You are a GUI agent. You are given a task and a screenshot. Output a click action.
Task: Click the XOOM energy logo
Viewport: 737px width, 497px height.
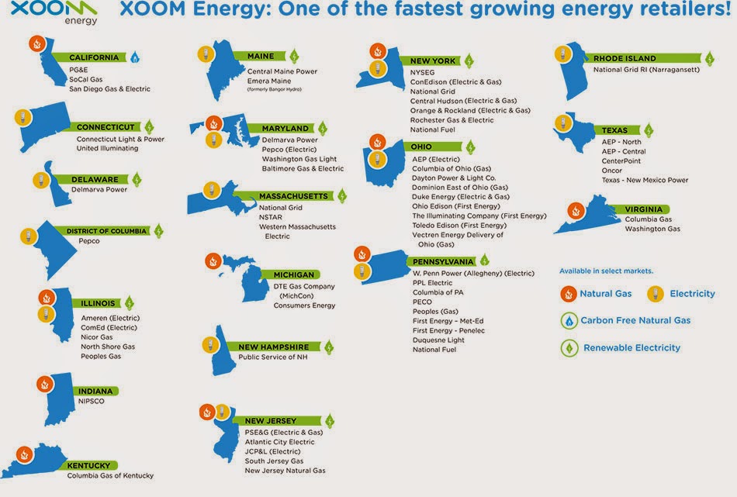(x=54, y=12)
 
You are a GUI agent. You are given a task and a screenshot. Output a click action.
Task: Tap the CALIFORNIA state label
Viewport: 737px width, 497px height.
(x=94, y=57)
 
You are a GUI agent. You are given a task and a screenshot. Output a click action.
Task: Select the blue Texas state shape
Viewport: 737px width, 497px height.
(x=576, y=132)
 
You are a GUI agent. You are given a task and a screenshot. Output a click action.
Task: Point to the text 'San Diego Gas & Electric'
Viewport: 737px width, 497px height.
(x=109, y=89)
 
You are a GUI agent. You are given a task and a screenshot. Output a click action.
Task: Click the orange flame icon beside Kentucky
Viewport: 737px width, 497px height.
(x=25, y=454)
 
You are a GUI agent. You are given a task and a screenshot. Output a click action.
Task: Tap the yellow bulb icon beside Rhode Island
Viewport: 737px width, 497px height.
(x=562, y=54)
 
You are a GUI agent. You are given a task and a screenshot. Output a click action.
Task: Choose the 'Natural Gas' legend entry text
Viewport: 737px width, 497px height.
(x=605, y=294)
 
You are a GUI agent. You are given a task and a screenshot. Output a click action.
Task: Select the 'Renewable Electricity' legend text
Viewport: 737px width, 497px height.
(x=631, y=347)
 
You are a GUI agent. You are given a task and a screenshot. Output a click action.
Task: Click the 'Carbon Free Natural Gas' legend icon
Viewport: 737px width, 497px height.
(x=569, y=321)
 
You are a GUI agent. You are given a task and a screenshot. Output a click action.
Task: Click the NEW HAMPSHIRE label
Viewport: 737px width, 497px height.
(x=274, y=347)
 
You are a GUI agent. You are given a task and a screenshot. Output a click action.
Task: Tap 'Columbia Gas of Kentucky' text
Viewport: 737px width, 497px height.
(x=110, y=475)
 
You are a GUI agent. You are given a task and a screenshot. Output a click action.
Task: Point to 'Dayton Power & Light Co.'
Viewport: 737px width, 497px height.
(x=454, y=178)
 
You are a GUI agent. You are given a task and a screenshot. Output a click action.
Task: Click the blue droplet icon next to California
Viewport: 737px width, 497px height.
(x=135, y=57)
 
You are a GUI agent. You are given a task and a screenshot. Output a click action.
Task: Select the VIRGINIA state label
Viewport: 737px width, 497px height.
(x=643, y=209)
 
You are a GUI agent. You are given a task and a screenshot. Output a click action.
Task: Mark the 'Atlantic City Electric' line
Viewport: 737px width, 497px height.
(x=279, y=442)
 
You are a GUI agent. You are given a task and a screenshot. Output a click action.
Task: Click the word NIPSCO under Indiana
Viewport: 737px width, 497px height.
(x=92, y=401)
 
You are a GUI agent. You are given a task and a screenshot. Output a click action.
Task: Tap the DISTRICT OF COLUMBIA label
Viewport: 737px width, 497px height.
(x=106, y=231)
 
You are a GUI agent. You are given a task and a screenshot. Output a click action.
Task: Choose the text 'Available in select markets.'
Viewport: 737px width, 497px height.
(x=606, y=271)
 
